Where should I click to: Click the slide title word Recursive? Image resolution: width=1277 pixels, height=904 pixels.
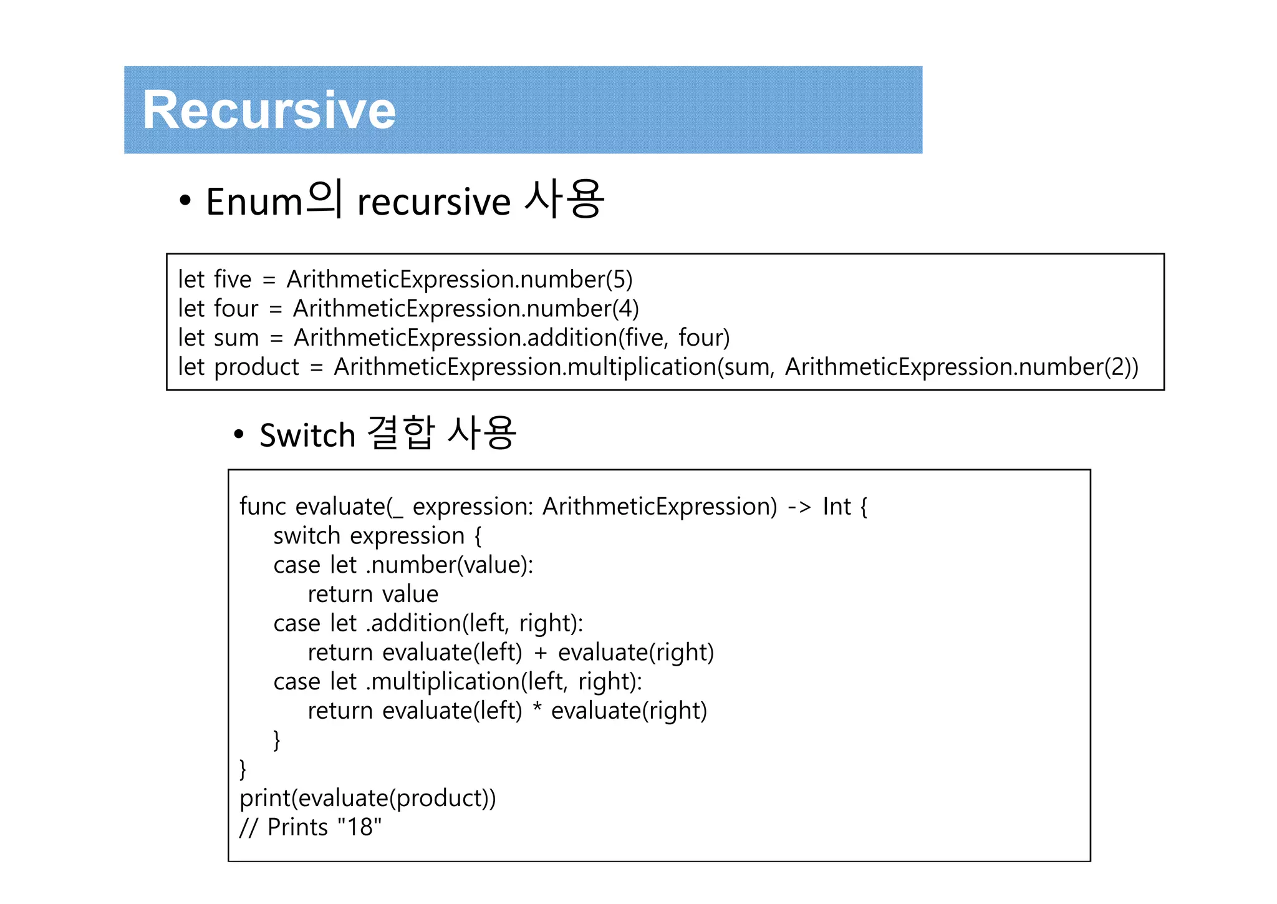[x=269, y=110]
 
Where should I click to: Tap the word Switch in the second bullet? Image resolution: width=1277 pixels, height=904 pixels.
[x=307, y=435]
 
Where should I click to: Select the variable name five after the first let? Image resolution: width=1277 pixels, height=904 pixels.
[x=233, y=279]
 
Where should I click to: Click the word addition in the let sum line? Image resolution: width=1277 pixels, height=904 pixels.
[x=572, y=338]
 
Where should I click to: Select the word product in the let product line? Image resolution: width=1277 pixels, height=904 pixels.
[x=256, y=367]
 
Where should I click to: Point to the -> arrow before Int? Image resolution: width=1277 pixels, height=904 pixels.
[x=799, y=507]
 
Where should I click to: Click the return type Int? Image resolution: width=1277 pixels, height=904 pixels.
[x=836, y=507]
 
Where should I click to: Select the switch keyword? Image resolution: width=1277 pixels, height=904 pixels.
[x=306, y=536]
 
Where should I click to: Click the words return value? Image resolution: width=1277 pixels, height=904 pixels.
[x=372, y=595]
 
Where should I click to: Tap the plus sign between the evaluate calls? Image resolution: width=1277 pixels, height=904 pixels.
[x=540, y=653]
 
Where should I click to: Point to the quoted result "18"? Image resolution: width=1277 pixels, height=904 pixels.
[x=359, y=828]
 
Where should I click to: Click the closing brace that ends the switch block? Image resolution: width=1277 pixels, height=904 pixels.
[x=277, y=741]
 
